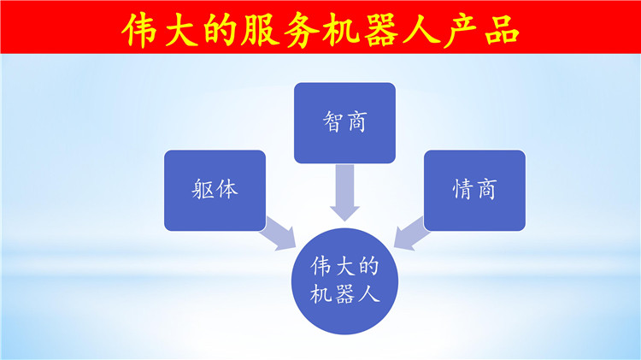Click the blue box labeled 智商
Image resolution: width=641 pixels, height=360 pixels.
pyautogui.click(x=344, y=123)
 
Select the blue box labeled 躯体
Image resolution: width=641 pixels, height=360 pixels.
pyautogui.click(x=215, y=190)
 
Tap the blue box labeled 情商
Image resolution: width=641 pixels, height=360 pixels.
pyautogui.click(x=474, y=190)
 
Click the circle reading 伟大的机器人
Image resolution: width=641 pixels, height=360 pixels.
pyautogui.click(x=344, y=281)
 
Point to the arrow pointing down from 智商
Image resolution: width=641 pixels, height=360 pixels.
pyautogui.click(x=344, y=192)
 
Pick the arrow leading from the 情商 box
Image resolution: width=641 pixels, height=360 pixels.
pyautogui.click(x=411, y=233)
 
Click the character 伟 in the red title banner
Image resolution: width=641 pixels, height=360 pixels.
pyautogui.click(x=140, y=30)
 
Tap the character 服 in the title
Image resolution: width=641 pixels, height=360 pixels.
pyautogui.click(x=261, y=30)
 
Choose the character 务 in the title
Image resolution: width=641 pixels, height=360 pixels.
pyautogui.click(x=301, y=30)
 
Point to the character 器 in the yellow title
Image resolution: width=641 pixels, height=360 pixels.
pyautogui.click(x=380, y=30)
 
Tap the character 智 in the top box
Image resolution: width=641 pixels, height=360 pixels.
pyautogui.click(x=332, y=122)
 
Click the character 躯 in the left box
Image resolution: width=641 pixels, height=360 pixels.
pyautogui.click(x=203, y=190)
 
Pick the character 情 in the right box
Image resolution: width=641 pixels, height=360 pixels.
pyautogui.click(x=462, y=190)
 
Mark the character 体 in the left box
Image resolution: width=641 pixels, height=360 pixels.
pyautogui.click(x=226, y=190)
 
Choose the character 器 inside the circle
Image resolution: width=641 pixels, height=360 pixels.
pyautogui.click(x=344, y=293)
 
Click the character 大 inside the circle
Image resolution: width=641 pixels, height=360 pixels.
pyautogui.click(x=344, y=267)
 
